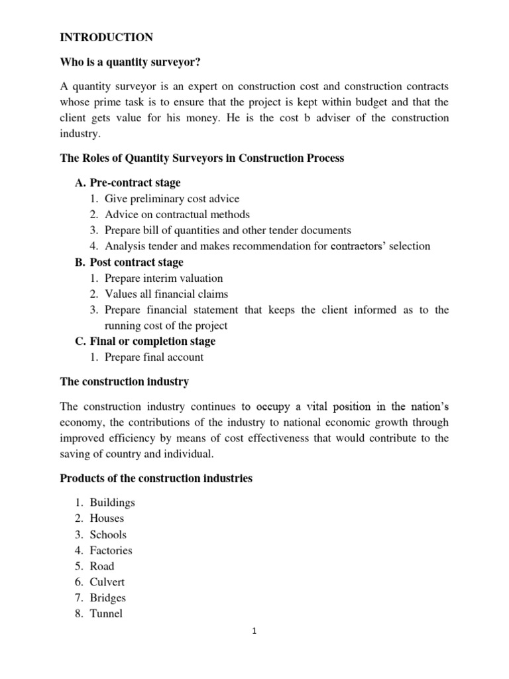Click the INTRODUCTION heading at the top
[106, 37]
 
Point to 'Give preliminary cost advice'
[172, 198]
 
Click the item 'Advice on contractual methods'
[177, 214]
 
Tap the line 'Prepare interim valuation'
[164, 278]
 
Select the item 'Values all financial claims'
[166, 294]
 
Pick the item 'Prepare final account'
[154, 357]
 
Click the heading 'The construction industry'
[125, 382]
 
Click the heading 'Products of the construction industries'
[156, 478]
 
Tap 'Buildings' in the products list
[112, 503]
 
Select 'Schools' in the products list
[107, 534]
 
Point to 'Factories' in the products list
[111, 550]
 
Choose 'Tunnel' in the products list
[106, 614]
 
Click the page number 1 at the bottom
[254, 631]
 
